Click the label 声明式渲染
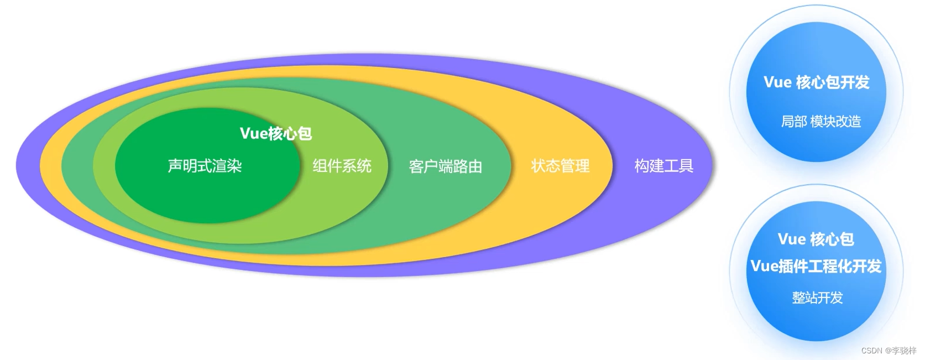pos(205,166)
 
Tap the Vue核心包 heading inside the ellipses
pos(275,133)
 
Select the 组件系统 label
pos(342,166)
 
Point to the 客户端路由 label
pos(445,166)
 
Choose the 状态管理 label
pos(560,166)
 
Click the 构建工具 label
pos(663,166)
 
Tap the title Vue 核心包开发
pos(816,82)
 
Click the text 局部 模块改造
pos(821,121)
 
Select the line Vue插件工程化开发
pos(816,267)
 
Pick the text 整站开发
pos(817,298)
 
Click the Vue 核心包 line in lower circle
pos(816,239)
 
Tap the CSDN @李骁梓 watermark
pos(889,351)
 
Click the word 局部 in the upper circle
pos(793,121)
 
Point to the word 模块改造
pos(835,121)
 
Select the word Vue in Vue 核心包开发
pos(777,82)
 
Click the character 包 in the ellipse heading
pos(305,133)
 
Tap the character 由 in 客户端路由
pos(475,166)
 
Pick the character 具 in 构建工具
pos(686,166)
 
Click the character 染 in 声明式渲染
pos(234,166)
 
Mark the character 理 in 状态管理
pos(582,166)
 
